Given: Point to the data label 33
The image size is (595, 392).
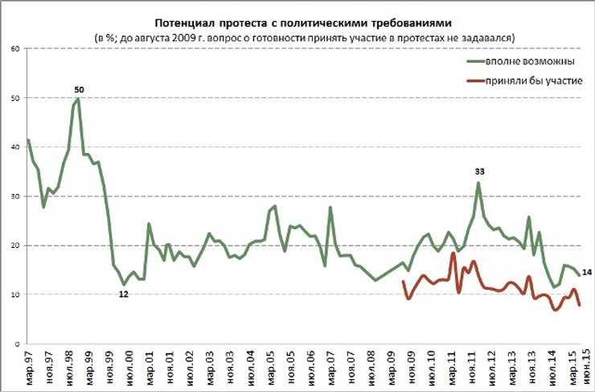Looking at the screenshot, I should [480, 171].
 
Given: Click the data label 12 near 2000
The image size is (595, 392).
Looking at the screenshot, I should [124, 294].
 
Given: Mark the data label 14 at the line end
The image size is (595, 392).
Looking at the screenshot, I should [588, 274].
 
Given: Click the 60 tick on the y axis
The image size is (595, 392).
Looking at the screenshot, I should [15, 49].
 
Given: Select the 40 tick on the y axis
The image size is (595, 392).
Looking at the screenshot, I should [15, 147].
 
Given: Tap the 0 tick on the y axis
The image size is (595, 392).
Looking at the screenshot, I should [18, 344].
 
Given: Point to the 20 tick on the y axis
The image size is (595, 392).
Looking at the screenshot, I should [15, 246].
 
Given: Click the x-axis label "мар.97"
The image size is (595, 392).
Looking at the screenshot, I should [29, 366].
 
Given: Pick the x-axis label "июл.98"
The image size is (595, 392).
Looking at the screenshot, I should [69, 366].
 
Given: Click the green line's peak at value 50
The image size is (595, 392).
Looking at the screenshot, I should [77, 99].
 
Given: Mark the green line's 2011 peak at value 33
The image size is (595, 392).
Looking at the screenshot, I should [478, 183].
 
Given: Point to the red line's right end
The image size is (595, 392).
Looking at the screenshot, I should [580, 304].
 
